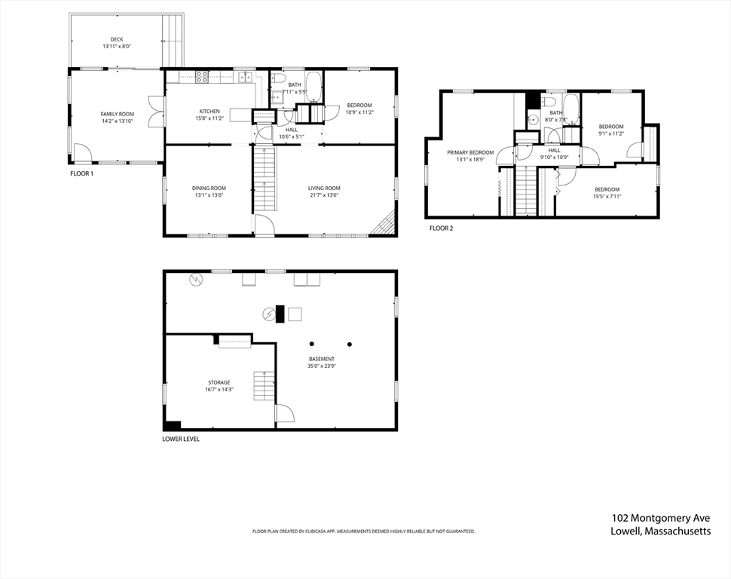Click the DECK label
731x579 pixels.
tap(117, 39)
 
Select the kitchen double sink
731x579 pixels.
tap(245, 76)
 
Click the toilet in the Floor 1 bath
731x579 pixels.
tap(277, 77)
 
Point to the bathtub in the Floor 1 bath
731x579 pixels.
tap(314, 87)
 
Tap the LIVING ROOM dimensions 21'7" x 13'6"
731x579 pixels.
tap(324, 195)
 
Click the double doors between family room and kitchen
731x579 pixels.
tap(156, 112)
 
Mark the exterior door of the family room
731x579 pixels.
tap(83, 155)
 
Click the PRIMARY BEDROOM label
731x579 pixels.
tap(470, 152)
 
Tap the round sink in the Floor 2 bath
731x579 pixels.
tap(533, 118)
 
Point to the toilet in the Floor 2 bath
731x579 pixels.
tap(549, 101)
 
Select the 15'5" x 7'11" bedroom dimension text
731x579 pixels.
tap(607, 197)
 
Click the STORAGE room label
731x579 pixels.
tap(219, 382)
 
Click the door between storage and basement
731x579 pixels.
tap(284, 414)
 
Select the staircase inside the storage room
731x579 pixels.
tap(262, 386)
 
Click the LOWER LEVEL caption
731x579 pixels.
tap(181, 439)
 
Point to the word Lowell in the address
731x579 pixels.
tap(628, 531)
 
